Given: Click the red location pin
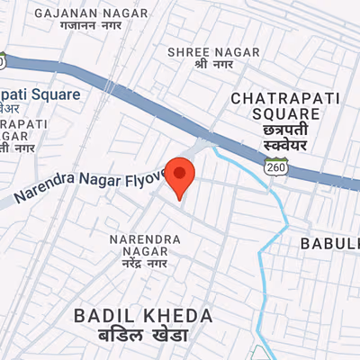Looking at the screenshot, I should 181,175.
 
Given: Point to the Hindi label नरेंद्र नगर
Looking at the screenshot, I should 144,265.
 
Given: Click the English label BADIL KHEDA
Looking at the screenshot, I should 144,316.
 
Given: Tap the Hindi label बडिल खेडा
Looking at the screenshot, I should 144,336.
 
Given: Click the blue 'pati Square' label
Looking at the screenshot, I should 40,94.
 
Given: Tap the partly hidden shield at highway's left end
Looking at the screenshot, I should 3,61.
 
